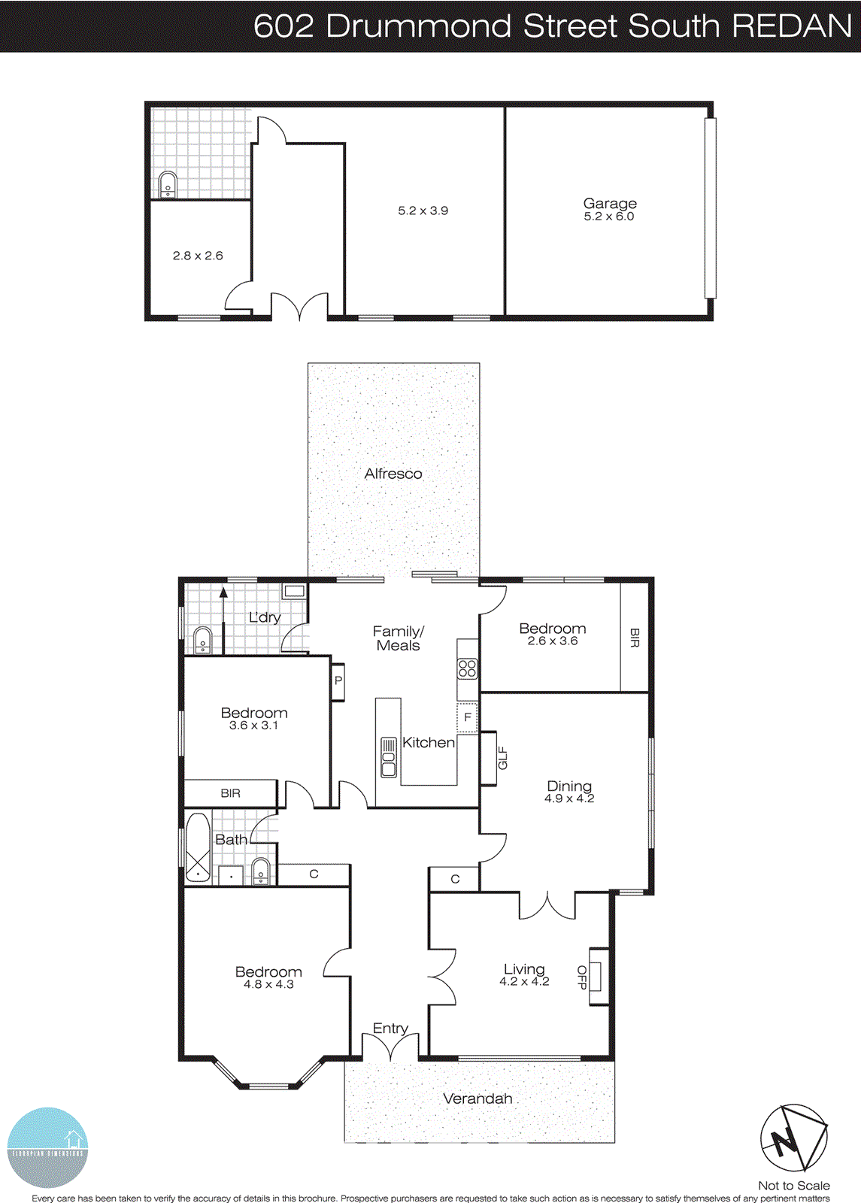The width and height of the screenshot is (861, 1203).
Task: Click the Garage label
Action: (610, 203)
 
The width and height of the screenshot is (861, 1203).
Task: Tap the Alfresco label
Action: (393, 474)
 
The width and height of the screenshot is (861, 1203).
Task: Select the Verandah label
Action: (477, 1098)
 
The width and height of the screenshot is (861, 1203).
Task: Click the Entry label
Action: (390, 1028)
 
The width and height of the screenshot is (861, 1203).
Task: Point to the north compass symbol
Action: (793, 1138)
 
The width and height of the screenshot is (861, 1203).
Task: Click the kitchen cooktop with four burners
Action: (467, 668)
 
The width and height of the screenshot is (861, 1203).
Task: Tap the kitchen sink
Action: (388, 757)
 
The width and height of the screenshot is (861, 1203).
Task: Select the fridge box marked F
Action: (467, 717)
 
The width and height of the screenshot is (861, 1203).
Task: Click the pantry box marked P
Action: (338, 681)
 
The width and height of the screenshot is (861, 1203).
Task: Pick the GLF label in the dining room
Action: (502, 758)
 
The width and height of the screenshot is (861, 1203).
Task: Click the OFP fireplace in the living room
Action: (599, 976)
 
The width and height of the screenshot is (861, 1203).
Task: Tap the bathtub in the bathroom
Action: (198, 847)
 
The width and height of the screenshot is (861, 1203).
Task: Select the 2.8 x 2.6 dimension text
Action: (198, 256)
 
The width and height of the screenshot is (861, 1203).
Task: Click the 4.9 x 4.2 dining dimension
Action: (569, 798)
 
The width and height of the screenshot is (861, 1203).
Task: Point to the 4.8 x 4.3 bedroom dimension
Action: (268, 984)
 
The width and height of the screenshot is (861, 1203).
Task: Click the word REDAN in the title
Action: (791, 26)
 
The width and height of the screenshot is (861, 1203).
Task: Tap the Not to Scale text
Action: (793, 1186)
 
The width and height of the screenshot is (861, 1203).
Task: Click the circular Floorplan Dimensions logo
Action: (47, 1147)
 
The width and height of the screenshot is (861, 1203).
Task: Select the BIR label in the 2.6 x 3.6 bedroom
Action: (634, 638)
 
